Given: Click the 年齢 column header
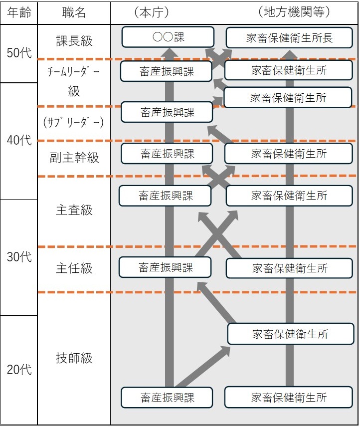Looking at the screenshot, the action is point(19,13).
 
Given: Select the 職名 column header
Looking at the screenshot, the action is point(74,13).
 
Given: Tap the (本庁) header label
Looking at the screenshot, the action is point(152,12).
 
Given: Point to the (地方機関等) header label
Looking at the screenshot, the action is point(294,12).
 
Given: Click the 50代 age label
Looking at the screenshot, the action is point(19,53).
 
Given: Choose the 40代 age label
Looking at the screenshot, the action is point(19,140).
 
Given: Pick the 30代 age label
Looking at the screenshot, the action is point(19,257).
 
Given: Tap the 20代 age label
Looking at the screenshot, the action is point(19,370).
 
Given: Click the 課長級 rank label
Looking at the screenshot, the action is point(74,41).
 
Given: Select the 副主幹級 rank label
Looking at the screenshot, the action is point(74,158).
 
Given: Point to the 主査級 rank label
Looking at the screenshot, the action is point(74,210).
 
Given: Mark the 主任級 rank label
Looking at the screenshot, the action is point(74,268).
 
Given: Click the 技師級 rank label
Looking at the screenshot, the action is point(74,358).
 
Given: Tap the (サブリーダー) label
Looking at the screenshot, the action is point(73,123).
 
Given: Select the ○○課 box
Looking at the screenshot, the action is point(168,37).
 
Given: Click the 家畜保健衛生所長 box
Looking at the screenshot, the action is point(289,37).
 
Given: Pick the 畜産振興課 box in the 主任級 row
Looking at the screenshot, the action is point(165,267).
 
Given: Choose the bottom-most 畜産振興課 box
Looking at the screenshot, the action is point(167,398).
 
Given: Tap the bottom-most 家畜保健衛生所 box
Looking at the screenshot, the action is point(288,397).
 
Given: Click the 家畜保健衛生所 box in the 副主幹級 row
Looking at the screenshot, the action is point(288,154).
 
